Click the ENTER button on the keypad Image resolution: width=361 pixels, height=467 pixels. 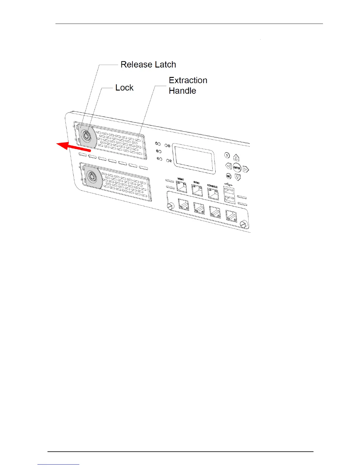tap(237, 167)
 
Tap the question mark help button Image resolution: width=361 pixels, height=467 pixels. tap(227, 155)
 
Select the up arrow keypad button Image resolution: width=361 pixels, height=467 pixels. tap(236, 158)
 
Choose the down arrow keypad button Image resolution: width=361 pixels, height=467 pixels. tap(238, 177)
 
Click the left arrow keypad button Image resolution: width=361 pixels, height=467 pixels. tap(228, 166)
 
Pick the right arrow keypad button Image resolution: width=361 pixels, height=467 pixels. tap(246, 169)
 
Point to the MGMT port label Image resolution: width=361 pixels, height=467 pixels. tap(181, 179)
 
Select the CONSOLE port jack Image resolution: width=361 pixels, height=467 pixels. tap(213, 194)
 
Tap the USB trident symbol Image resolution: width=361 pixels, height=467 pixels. tap(228, 184)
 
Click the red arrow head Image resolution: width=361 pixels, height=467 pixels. tap(63, 145)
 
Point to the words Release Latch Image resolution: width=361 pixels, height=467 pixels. tap(148, 65)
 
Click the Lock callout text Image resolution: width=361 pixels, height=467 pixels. tap(124, 88)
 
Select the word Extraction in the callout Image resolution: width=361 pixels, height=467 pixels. tap(188, 80)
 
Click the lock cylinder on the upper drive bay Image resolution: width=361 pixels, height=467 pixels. tap(86, 137)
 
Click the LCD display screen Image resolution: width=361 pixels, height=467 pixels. tap(193, 158)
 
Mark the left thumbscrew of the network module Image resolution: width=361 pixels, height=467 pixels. tap(170, 206)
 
